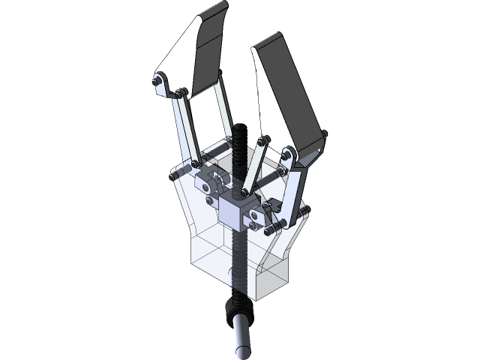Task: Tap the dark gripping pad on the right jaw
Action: [x=296, y=97]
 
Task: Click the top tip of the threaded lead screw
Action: [x=240, y=129]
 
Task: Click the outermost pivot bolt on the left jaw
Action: [x=159, y=78]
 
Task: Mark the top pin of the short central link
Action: [x=264, y=140]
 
